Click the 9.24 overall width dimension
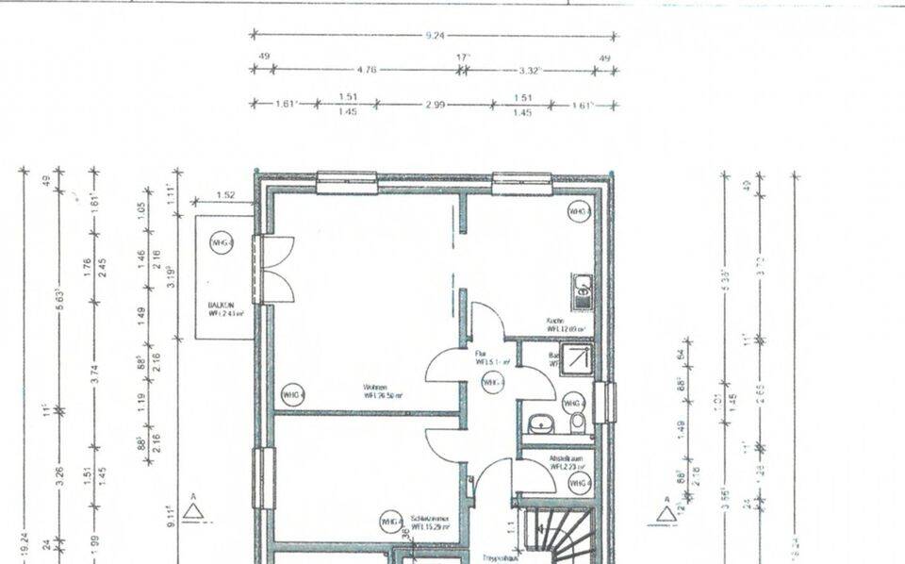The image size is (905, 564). tap(435, 35)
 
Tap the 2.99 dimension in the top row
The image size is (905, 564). tap(435, 104)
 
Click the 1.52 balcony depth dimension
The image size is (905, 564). tap(225, 195)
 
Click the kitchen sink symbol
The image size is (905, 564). tap(584, 290)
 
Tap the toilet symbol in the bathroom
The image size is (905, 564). tap(577, 421)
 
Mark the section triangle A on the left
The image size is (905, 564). tap(193, 510)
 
